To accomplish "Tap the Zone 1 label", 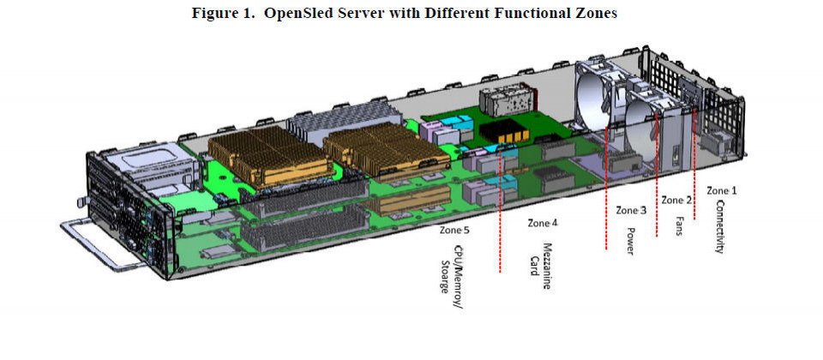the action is click(x=721, y=190).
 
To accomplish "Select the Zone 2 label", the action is click(x=676, y=200).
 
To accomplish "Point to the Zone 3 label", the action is click(x=631, y=211).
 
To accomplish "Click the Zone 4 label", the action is click(x=543, y=223).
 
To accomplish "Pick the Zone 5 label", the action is click(x=454, y=231).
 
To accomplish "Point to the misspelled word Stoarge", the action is click(x=446, y=277).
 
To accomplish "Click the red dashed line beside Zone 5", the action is click(x=500, y=211).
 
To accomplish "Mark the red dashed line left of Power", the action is click(x=607, y=188).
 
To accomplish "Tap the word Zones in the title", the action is click(x=595, y=13).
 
